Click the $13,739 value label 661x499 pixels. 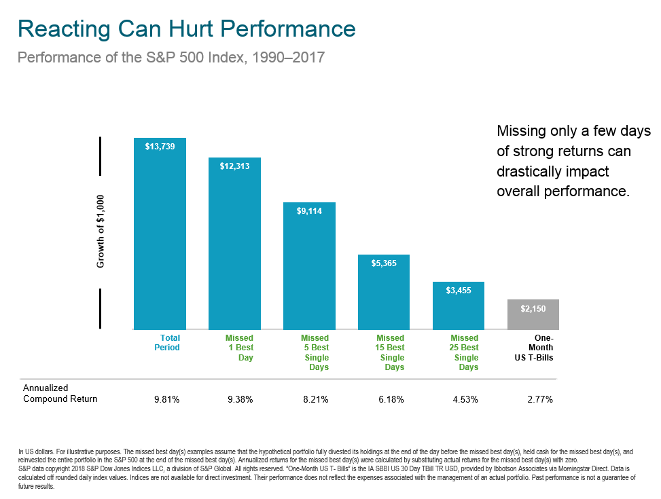tap(160, 146)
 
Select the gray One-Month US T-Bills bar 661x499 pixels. tap(533, 314)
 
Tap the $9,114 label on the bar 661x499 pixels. tap(309, 210)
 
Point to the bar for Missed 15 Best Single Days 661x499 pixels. tap(384, 292)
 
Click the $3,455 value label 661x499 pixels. tap(459, 291)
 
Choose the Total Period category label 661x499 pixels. tap(167, 343)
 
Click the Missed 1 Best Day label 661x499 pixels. tap(239, 348)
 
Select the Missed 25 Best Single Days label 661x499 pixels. tap(464, 352)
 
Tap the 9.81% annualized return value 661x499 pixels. tap(167, 399)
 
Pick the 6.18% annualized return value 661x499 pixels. tap(391, 399)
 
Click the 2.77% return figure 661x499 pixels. tap(540, 399)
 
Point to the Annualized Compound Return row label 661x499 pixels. tap(60, 393)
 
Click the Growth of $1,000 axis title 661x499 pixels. tap(101, 232)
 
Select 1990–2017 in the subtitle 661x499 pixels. tap(288, 57)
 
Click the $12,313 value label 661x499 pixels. tap(234, 166)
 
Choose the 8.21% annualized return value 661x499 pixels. tap(316, 399)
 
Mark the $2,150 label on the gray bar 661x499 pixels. tap(533, 309)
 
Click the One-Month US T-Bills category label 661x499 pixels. tap(534, 348)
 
